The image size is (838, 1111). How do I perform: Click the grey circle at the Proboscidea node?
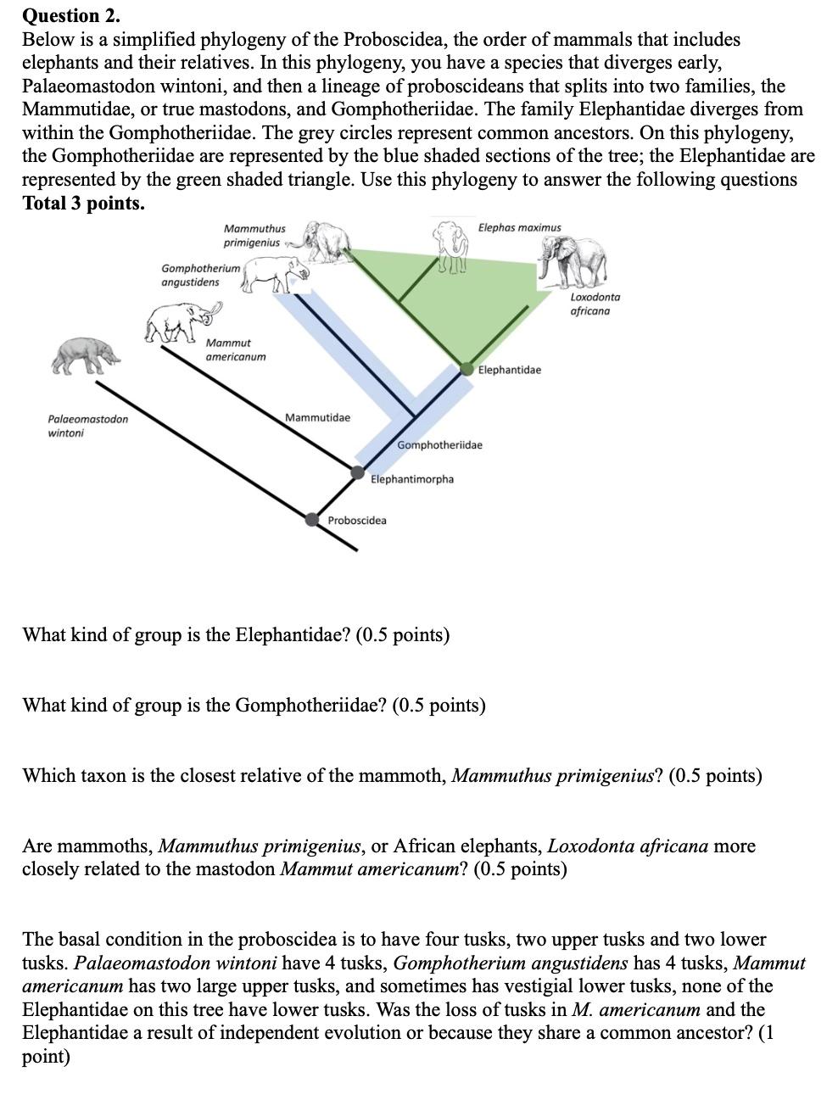click(312, 519)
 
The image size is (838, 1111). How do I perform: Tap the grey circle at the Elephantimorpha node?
click(358, 472)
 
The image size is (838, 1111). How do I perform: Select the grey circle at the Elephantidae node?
click(466, 368)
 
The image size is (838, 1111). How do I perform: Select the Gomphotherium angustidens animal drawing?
click(274, 275)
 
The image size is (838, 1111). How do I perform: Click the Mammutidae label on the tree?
click(317, 417)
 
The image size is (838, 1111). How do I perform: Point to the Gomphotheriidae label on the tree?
click(439, 445)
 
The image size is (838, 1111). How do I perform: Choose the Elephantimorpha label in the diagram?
click(412, 479)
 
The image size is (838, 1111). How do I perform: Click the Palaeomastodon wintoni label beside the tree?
click(87, 426)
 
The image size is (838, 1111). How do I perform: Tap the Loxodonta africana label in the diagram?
click(595, 304)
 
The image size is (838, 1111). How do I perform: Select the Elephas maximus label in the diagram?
click(519, 227)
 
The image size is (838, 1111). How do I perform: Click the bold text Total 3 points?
click(83, 204)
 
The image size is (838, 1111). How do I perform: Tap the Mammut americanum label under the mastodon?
click(235, 349)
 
